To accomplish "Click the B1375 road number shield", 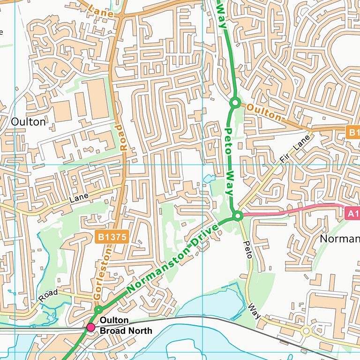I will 112,237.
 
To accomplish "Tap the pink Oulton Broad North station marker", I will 90,327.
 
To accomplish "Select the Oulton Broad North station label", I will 126,325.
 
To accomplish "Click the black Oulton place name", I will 29,122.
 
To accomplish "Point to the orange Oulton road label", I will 264,112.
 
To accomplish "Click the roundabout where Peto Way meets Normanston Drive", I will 238,216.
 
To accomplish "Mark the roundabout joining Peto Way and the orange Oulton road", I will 235,102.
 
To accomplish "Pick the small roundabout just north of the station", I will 98,310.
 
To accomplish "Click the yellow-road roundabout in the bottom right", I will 306,331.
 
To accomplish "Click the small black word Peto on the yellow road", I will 248,249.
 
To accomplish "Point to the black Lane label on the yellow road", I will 78,199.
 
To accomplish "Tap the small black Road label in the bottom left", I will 48,296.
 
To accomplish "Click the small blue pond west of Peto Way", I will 209,178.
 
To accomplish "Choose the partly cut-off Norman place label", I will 339,239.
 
